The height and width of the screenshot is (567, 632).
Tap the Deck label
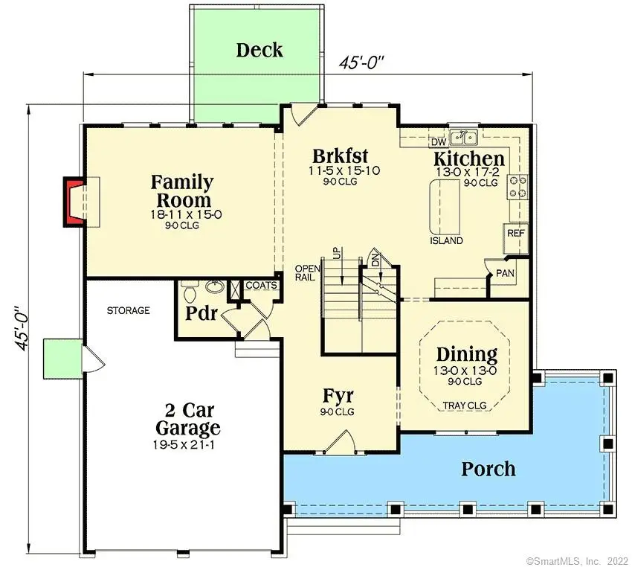(x=259, y=51)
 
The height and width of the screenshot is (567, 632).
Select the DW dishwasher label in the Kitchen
(x=438, y=141)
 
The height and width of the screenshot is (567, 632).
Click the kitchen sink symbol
(x=467, y=137)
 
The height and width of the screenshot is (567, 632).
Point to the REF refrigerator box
(x=515, y=233)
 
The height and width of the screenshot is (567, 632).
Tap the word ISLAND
(x=446, y=241)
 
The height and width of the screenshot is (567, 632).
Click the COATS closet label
(x=261, y=285)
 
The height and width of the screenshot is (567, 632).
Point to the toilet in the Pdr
(x=189, y=289)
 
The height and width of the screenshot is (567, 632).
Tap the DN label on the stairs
(x=375, y=258)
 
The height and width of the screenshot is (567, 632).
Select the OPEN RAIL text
(x=306, y=272)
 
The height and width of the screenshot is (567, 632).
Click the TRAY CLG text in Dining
(x=464, y=406)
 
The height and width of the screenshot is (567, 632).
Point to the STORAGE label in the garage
(x=128, y=310)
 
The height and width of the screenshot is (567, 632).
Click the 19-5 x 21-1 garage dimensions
(x=187, y=445)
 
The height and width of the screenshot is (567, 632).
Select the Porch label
(x=488, y=469)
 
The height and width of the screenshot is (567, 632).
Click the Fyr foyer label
(x=338, y=395)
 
